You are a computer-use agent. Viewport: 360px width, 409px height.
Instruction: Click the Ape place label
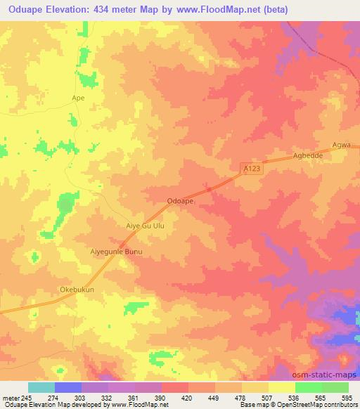point(78,98)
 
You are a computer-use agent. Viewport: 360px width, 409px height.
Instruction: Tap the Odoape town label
point(181,201)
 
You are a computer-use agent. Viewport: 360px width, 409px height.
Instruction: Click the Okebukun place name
point(77,289)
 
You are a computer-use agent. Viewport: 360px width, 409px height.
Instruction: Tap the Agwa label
point(341,145)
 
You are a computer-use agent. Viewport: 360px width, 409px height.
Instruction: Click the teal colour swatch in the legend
point(41,387)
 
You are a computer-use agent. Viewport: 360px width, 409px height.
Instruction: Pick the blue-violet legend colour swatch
point(68,387)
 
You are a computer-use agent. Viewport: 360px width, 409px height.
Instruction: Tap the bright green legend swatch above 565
point(308,387)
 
